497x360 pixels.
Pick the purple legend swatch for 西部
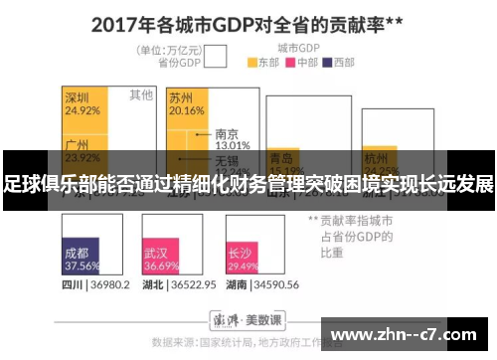(x=327, y=62)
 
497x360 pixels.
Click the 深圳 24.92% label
(x=82, y=103)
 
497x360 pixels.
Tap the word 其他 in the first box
(x=141, y=95)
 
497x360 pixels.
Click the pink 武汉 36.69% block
(x=161, y=260)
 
